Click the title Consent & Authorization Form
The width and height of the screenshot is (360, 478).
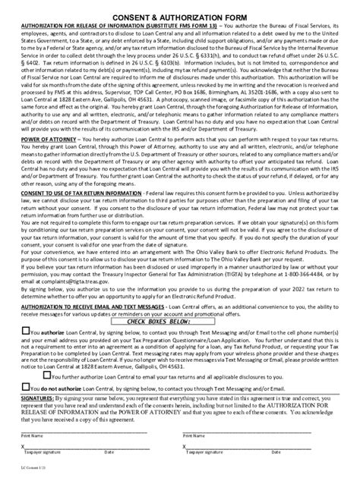click(x=179, y=15)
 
